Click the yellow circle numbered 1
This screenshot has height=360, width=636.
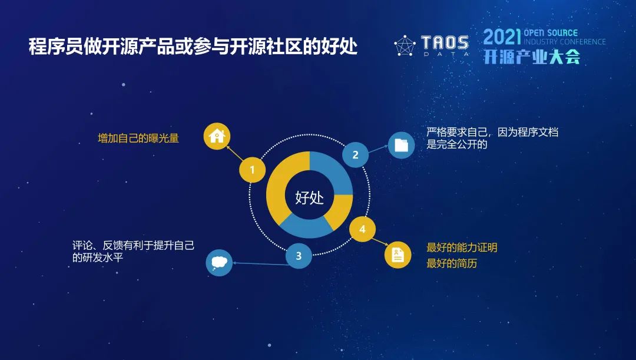point(252,170)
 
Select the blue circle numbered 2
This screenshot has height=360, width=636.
point(355,154)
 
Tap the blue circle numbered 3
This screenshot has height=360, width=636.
point(299,256)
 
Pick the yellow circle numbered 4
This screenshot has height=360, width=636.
point(362,229)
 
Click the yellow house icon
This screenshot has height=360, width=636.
point(217,136)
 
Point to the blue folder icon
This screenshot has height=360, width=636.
point(401,145)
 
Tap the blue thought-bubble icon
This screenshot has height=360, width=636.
point(219,263)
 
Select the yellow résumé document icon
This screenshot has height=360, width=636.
point(398,255)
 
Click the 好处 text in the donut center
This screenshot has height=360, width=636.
point(310,197)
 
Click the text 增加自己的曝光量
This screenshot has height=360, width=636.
point(138,138)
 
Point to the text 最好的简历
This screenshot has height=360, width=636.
point(452,263)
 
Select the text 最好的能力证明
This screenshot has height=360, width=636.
point(462,247)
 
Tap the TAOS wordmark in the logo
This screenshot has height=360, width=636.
point(445,42)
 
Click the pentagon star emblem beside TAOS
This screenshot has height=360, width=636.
point(405,45)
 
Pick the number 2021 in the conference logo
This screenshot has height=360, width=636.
point(502,37)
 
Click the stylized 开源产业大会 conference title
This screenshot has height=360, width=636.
point(532,57)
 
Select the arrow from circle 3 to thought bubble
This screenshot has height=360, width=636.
point(261,264)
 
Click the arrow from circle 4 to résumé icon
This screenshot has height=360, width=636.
point(380,241)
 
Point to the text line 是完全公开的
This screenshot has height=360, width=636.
point(457,144)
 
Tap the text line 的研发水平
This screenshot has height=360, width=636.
point(98,257)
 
